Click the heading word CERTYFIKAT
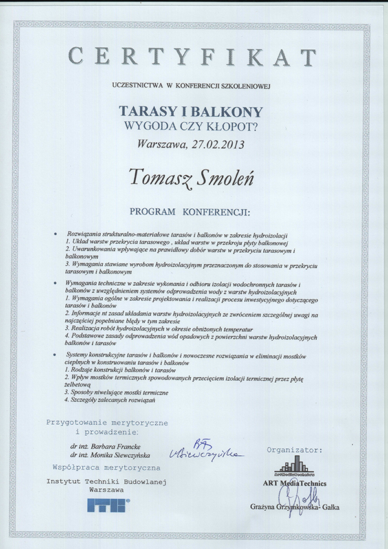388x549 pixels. (x=193, y=58)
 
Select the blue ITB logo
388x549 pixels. (x=109, y=505)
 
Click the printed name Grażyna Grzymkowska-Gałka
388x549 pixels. (x=294, y=508)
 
